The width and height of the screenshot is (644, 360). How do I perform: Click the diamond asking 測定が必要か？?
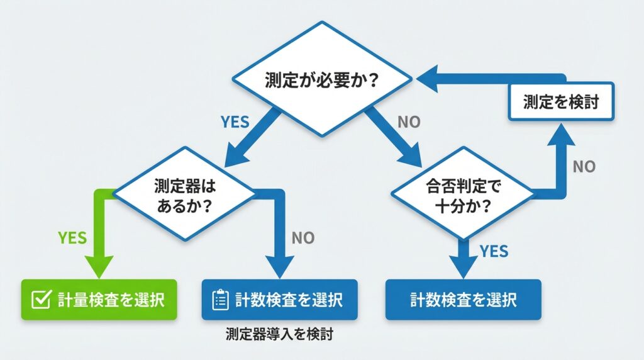tap(322, 79)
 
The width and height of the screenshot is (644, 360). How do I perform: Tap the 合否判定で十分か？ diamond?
tap(462, 193)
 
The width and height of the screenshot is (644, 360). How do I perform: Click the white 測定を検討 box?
tap(560, 101)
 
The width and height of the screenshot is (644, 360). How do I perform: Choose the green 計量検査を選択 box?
tap(99, 300)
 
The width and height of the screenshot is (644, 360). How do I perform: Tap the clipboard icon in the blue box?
tap(219, 300)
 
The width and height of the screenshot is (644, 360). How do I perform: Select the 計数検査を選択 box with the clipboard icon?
tap(279, 300)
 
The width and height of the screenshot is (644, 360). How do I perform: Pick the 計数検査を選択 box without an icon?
tap(463, 300)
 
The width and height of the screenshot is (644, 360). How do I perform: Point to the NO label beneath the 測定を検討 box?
tap(584, 167)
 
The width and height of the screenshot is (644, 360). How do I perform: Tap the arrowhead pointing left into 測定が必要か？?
tap(428, 80)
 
